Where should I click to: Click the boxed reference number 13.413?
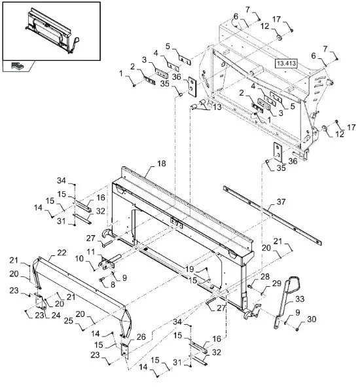click(286, 64)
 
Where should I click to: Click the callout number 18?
click(162, 164)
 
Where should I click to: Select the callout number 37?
click(281, 202)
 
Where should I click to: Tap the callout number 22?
click(62, 253)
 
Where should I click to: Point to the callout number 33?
click(300, 299)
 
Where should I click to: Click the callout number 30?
click(312, 319)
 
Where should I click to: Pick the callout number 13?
click(217, 107)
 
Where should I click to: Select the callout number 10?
click(79, 259)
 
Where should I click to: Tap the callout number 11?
click(91, 251)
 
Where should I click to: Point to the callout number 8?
click(113, 285)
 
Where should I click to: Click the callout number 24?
click(56, 315)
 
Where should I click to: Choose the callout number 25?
click(69, 321)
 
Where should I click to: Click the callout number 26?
click(141, 337)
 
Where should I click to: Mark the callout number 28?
click(265, 277)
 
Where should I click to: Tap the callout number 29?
click(277, 284)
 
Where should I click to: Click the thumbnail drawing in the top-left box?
click(52, 31)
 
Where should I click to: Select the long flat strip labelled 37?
click(272, 215)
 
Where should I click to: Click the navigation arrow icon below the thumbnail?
click(17, 65)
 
